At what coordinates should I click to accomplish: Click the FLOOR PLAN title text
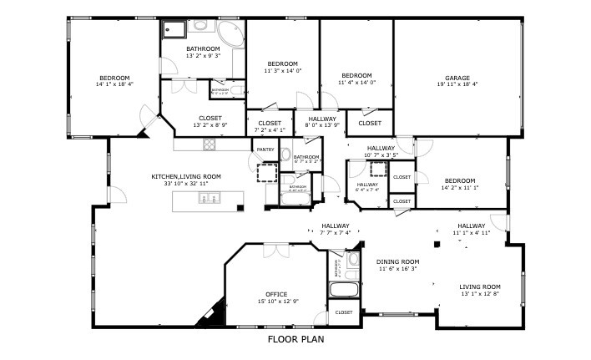pyautogui.click(x=295, y=340)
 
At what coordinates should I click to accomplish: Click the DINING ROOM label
pyautogui.click(x=398, y=261)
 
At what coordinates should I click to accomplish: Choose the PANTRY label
pyautogui.click(x=265, y=150)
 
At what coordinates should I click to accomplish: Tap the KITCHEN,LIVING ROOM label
pyautogui.click(x=185, y=176)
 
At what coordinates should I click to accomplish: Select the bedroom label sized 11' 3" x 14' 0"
pyautogui.click(x=283, y=64)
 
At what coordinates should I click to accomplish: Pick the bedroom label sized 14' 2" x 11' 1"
pyautogui.click(x=459, y=180)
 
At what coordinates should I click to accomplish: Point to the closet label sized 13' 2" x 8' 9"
pyautogui.click(x=210, y=119)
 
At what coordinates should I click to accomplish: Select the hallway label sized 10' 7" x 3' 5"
pyautogui.click(x=381, y=148)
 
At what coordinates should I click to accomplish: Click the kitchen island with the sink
pyautogui.click(x=208, y=201)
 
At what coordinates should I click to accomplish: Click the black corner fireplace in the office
pyautogui.click(x=209, y=314)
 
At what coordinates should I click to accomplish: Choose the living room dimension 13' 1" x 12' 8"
pyautogui.click(x=480, y=294)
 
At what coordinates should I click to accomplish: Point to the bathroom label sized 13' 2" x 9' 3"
pyautogui.click(x=203, y=53)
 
